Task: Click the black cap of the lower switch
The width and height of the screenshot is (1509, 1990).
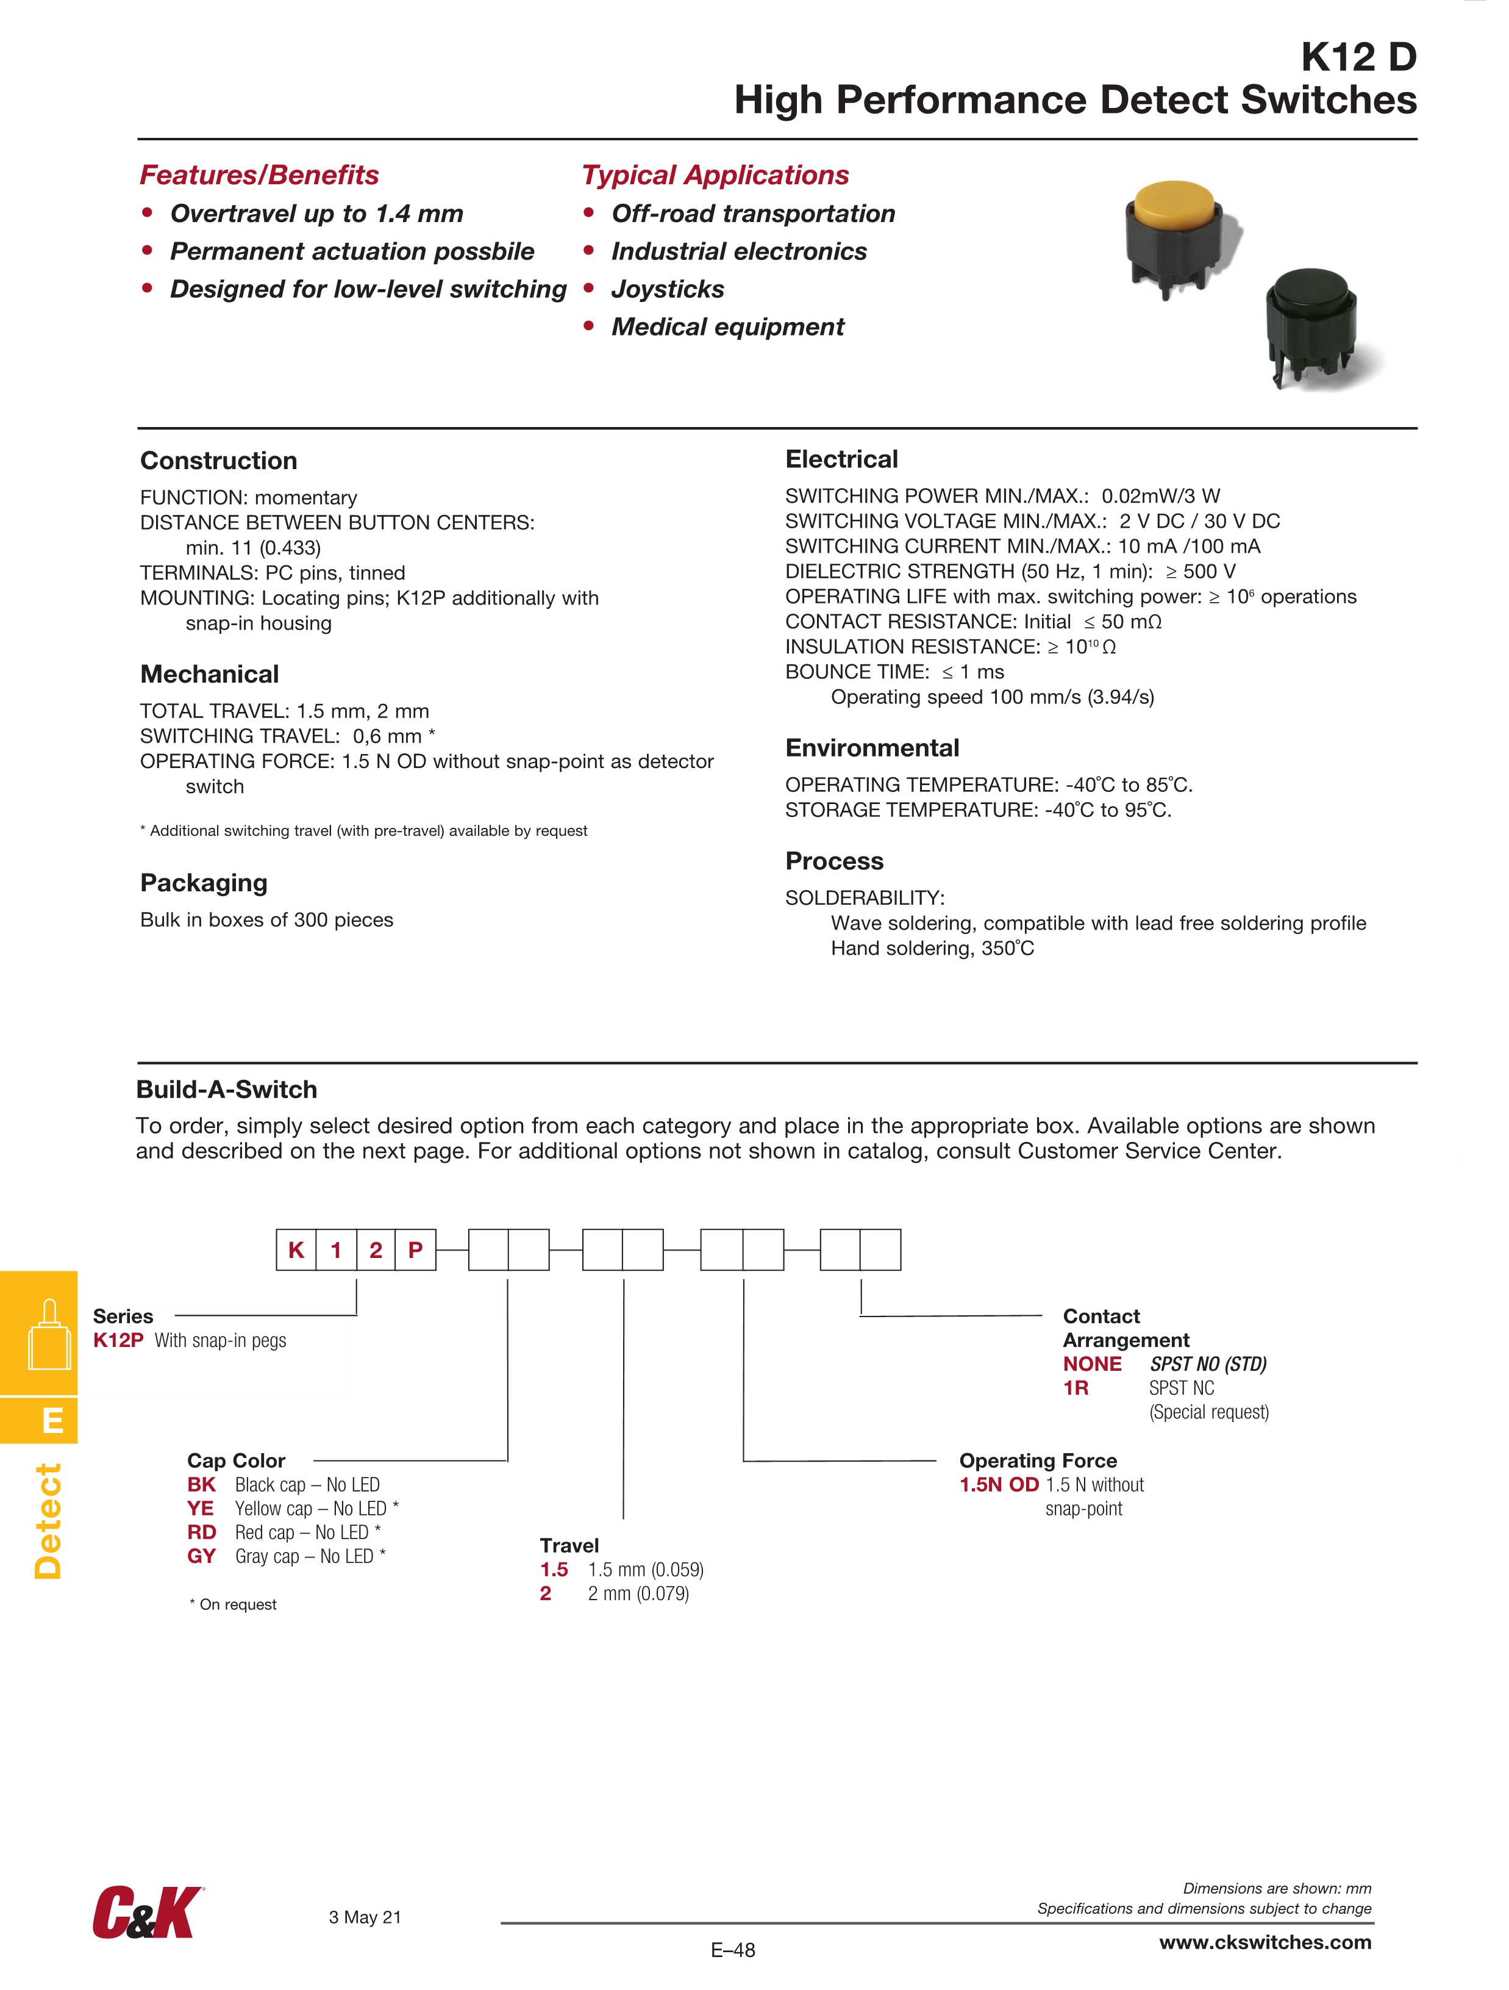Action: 1312,290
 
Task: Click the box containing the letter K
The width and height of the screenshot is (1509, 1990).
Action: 296,1249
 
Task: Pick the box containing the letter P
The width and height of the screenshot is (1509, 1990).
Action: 415,1249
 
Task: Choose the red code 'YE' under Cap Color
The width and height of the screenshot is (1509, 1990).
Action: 201,1508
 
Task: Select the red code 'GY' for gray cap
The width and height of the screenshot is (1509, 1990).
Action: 201,1556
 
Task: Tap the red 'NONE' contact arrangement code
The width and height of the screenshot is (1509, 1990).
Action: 1092,1364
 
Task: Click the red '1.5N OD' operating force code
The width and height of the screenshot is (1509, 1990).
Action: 999,1484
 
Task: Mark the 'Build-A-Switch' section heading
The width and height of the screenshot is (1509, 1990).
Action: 227,1090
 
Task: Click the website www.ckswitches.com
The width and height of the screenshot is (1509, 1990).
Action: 1265,1941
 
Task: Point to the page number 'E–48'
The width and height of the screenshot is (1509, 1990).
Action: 733,1950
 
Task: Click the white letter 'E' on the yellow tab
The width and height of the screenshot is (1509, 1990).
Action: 53,1421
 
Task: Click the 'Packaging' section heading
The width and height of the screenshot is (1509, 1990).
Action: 204,883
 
